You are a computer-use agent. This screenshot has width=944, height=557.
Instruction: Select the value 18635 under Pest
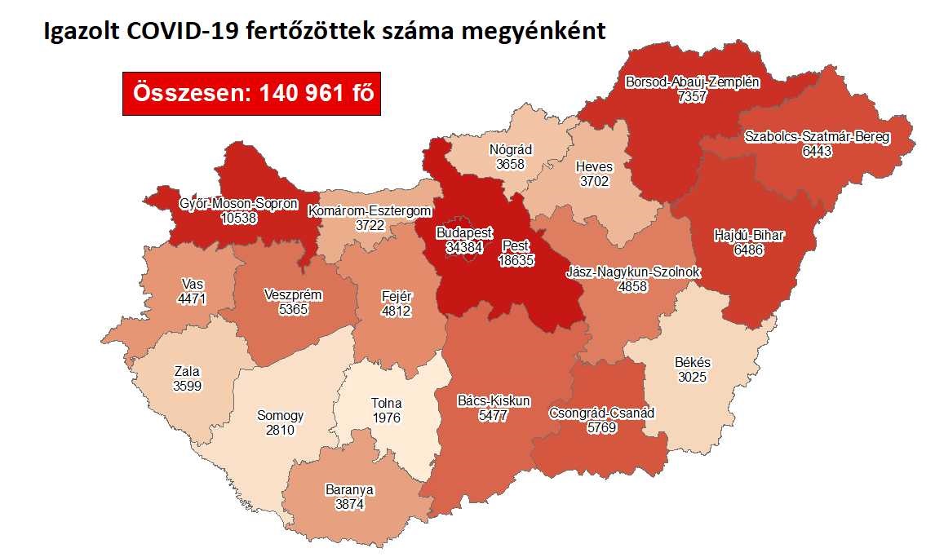(516, 259)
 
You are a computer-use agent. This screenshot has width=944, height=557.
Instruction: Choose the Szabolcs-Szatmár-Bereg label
(817, 137)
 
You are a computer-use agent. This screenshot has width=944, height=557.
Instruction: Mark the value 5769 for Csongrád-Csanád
(603, 427)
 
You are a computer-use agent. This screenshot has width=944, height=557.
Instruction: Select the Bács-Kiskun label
(494, 400)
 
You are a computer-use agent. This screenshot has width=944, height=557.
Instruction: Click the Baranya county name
(348, 489)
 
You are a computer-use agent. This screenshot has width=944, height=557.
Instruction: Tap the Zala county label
(187, 372)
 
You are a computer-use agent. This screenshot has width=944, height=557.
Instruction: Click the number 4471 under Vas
(193, 298)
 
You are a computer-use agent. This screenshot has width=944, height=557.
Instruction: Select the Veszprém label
(294, 295)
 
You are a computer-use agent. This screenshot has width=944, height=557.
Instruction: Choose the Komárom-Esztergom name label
(369, 211)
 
